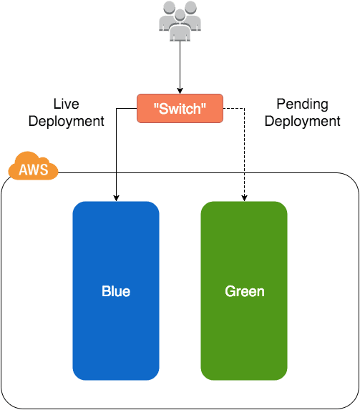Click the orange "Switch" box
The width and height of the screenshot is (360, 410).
click(180, 108)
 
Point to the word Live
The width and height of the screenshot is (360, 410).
click(66, 104)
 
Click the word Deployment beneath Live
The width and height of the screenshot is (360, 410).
click(66, 121)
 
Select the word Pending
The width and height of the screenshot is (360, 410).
click(302, 104)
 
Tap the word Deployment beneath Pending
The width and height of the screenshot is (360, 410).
click(302, 121)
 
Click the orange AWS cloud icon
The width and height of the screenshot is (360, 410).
click(33, 167)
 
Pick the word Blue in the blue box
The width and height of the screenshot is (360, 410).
click(116, 291)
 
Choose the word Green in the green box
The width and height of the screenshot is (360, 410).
click(244, 291)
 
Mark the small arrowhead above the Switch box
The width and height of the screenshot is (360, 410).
click(180, 91)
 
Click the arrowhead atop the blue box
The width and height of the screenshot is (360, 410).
click(115, 197)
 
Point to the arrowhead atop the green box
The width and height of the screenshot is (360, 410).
click(243, 197)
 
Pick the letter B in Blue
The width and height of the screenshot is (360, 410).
click(106, 291)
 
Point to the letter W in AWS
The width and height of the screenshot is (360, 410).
click(34, 170)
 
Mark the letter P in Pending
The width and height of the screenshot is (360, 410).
click(281, 104)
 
